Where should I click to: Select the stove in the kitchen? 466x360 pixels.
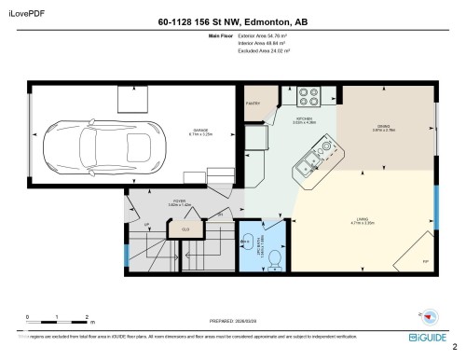coord(308,95)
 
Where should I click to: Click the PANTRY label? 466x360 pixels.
coord(253,103)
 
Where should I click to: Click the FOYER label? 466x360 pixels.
coord(153,202)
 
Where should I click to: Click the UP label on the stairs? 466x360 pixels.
coord(147,225)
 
